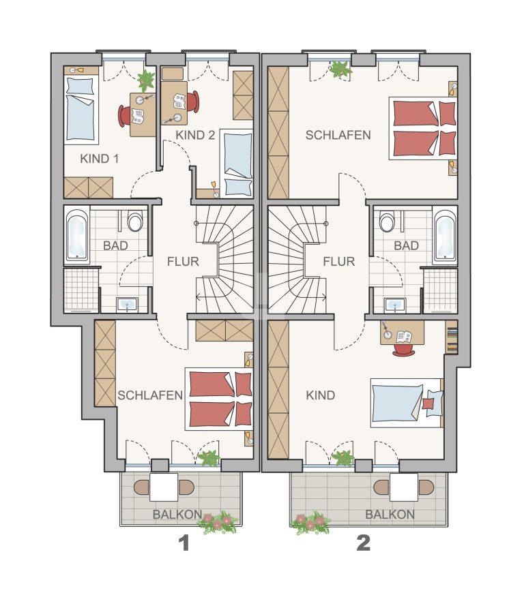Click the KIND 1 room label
pos(99,159)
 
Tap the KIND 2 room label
pos(195,135)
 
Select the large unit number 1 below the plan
pos(184,543)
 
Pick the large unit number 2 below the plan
pos(363,543)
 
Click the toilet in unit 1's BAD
pos(135,222)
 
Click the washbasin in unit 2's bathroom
pos(395,305)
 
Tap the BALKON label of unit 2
pos(390,515)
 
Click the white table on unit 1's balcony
pos(164,487)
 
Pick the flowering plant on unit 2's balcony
pos(310,523)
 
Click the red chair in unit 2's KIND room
pos(404,350)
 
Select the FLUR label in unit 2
pos(339,262)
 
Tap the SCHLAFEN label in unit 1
pos(150,395)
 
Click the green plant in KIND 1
pos(146,80)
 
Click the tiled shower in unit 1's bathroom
pos(81,290)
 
